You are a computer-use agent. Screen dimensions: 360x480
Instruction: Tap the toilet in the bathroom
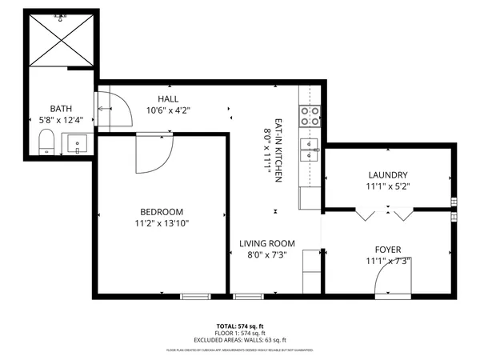click(46, 143)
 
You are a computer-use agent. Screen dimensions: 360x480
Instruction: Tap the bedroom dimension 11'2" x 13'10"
click(162, 223)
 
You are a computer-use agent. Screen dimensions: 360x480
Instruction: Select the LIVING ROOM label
click(267, 243)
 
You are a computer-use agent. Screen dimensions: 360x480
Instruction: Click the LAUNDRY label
click(388, 175)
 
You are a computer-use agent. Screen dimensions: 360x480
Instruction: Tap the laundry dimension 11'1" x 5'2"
click(388, 186)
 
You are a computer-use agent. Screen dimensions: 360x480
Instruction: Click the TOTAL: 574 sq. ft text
click(240, 327)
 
